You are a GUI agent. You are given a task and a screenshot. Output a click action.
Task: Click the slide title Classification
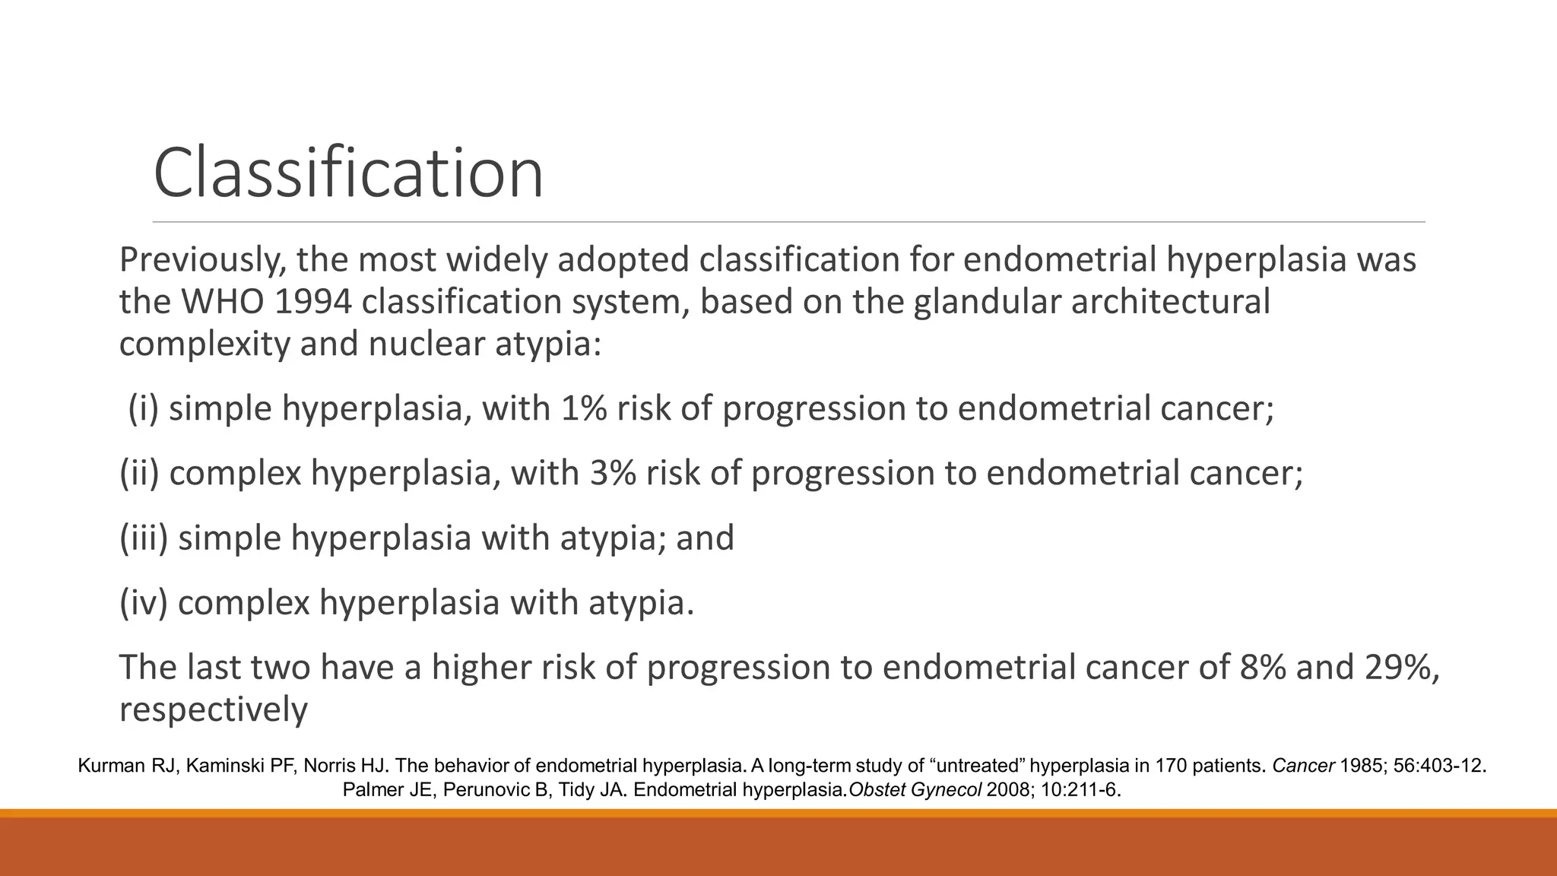click(x=348, y=173)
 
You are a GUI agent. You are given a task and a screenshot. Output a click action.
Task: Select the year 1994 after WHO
click(x=311, y=302)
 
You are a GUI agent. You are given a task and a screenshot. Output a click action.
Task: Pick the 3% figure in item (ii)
click(x=612, y=473)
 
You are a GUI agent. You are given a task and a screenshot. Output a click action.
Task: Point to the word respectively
click(x=213, y=709)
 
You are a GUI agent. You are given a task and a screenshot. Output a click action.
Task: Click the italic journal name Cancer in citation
click(x=1303, y=766)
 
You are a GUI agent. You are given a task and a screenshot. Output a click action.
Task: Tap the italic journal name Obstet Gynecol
click(x=915, y=790)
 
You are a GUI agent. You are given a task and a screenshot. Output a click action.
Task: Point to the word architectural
click(x=1170, y=302)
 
